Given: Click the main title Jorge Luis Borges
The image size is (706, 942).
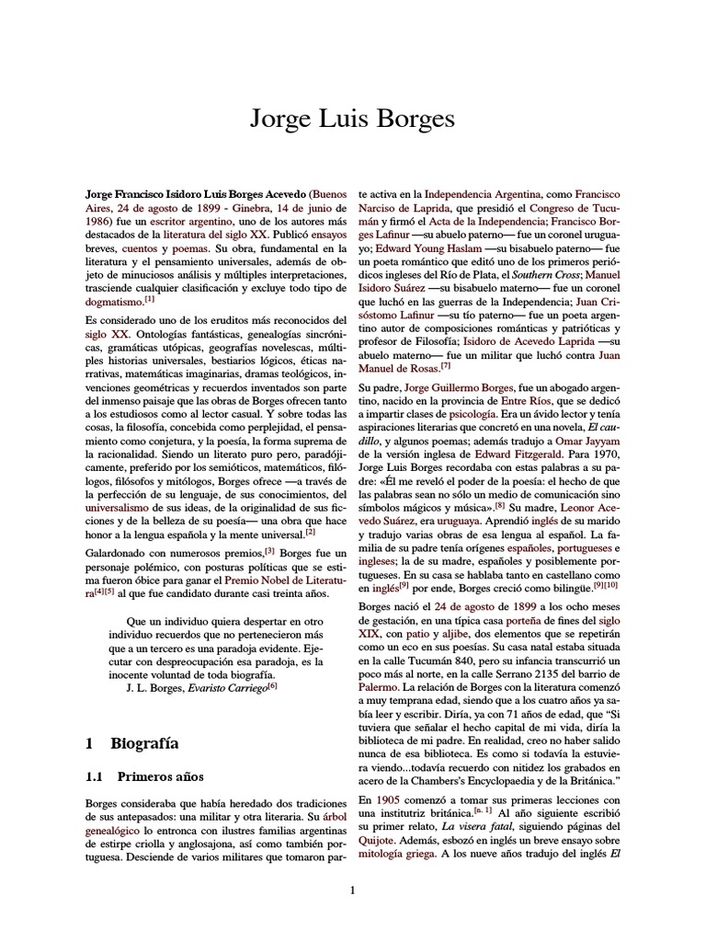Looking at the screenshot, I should point(352,121).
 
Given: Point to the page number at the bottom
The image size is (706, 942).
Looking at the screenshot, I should point(352,889).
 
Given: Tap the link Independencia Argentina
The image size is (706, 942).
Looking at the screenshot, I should point(475,195).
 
